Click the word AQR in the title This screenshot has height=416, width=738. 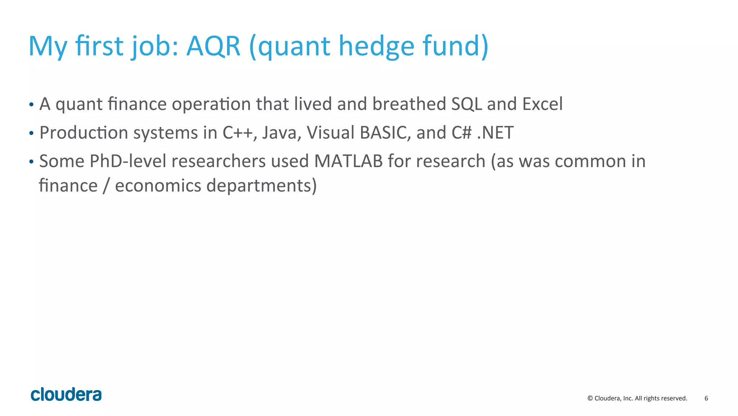pos(213,46)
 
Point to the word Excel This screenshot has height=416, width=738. pos(542,104)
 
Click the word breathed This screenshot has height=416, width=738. pos(409,104)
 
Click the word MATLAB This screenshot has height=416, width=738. pos(348,161)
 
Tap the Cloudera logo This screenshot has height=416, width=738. pos(66,395)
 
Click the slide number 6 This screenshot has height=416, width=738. pos(706,398)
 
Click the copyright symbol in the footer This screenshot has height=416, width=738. pos(590,398)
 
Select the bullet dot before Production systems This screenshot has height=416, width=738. pos(31,133)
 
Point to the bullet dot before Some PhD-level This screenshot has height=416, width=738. pos(31,162)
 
